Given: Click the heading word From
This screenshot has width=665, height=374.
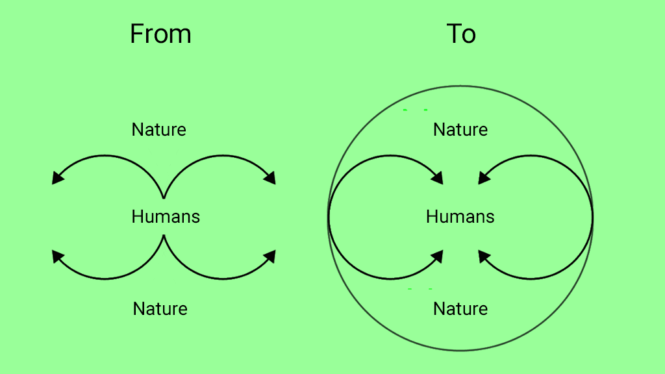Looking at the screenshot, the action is (x=161, y=34).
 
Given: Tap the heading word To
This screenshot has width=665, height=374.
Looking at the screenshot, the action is (x=461, y=34).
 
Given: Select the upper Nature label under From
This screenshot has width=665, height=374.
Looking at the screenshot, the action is (x=158, y=129).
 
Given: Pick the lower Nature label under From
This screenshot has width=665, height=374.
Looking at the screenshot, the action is (x=160, y=308).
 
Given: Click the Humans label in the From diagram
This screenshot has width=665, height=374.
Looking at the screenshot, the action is (x=166, y=217).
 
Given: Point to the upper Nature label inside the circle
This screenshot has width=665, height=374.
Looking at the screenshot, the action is (x=460, y=129).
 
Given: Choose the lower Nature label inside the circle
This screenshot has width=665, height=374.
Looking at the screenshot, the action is (x=460, y=308).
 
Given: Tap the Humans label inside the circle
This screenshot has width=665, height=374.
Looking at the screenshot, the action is (x=460, y=217).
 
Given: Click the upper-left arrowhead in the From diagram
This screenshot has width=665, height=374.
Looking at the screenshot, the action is (x=57, y=179).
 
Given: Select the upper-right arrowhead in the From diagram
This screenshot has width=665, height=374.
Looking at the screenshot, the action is (x=270, y=179).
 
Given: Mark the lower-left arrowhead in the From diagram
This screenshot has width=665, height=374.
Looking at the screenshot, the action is (x=57, y=256).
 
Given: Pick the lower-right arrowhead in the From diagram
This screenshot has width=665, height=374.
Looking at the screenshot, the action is (x=270, y=256).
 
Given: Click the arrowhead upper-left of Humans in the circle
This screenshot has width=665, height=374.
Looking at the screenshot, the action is (x=437, y=179).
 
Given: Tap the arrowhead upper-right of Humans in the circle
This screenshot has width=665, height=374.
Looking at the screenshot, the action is (x=484, y=179).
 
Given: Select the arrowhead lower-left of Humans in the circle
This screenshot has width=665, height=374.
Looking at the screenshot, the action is (x=437, y=256).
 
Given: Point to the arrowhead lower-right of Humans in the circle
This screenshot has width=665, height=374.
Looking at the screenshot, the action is (x=484, y=256).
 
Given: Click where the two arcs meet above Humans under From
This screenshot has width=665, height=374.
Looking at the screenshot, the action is (x=164, y=197).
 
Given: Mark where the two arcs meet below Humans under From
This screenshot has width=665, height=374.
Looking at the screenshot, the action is (x=164, y=236).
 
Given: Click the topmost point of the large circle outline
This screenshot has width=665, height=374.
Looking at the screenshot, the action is (x=460, y=86).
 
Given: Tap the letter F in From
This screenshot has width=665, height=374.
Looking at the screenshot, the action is (x=136, y=34).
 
